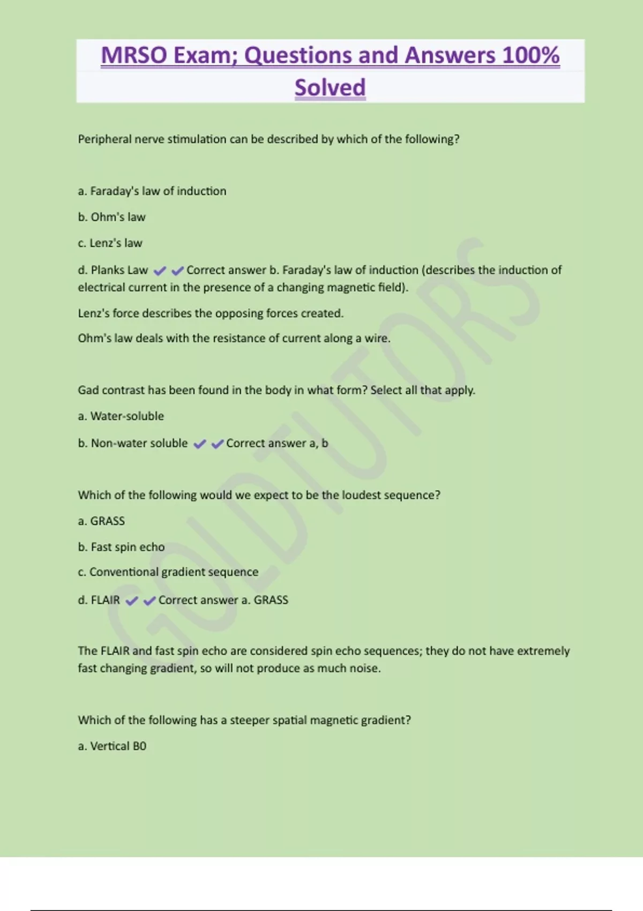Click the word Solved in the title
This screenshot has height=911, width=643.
click(330, 87)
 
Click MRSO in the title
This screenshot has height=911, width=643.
click(133, 55)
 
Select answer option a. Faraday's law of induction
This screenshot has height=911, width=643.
click(152, 191)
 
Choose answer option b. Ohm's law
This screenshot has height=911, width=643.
click(111, 217)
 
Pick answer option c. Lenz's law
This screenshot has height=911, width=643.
click(110, 243)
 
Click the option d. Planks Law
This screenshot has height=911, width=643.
click(113, 270)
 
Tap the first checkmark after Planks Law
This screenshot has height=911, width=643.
click(160, 271)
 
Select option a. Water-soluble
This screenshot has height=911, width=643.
click(121, 416)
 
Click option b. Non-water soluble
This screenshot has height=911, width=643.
click(133, 443)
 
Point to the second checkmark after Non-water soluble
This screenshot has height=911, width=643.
click(218, 444)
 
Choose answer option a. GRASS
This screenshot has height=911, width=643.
click(101, 521)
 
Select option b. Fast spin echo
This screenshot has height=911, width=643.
click(121, 547)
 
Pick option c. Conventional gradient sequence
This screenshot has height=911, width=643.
click(168, 572)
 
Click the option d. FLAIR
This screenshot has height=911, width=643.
click(99, 600)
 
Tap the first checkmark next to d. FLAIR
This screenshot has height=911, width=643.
click(131, 601)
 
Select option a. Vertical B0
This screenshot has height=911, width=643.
click(112, 746)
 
